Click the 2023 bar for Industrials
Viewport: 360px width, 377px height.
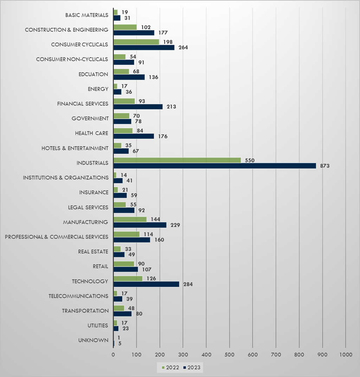pyautogui.click(x=214, y=166)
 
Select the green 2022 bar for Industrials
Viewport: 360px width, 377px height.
pyautogui.click(x=177, y=160)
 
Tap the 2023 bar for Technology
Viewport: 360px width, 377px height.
pyautogui.click(x=146, y=284)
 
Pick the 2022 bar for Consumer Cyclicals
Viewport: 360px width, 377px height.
pyautogui.click(x=136, y=42)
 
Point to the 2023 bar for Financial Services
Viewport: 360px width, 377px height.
pyautogui.click(x=138, y=107)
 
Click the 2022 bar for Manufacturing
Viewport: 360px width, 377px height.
pyautogui.click(x=130, y=219)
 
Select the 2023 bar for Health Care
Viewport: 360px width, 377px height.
pyautogui.click(x=134, y=136)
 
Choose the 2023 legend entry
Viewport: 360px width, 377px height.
pyautogui.click(x=193, y=368)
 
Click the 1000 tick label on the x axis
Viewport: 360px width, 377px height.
pyautogui.click(x=346, y=355)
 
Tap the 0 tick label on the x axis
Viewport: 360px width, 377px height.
pyautogui.click(x=113, y=355)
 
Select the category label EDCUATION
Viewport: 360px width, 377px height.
pyautogui.click(x=93, y=74)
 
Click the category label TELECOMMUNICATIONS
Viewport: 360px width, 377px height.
pyautogui.click(x=78, y=296)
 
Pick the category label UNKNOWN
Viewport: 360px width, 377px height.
pyautogui.click(x=94, y=340)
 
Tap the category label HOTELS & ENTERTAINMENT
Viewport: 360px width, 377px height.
pyautogui.click(x=75, y=148)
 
